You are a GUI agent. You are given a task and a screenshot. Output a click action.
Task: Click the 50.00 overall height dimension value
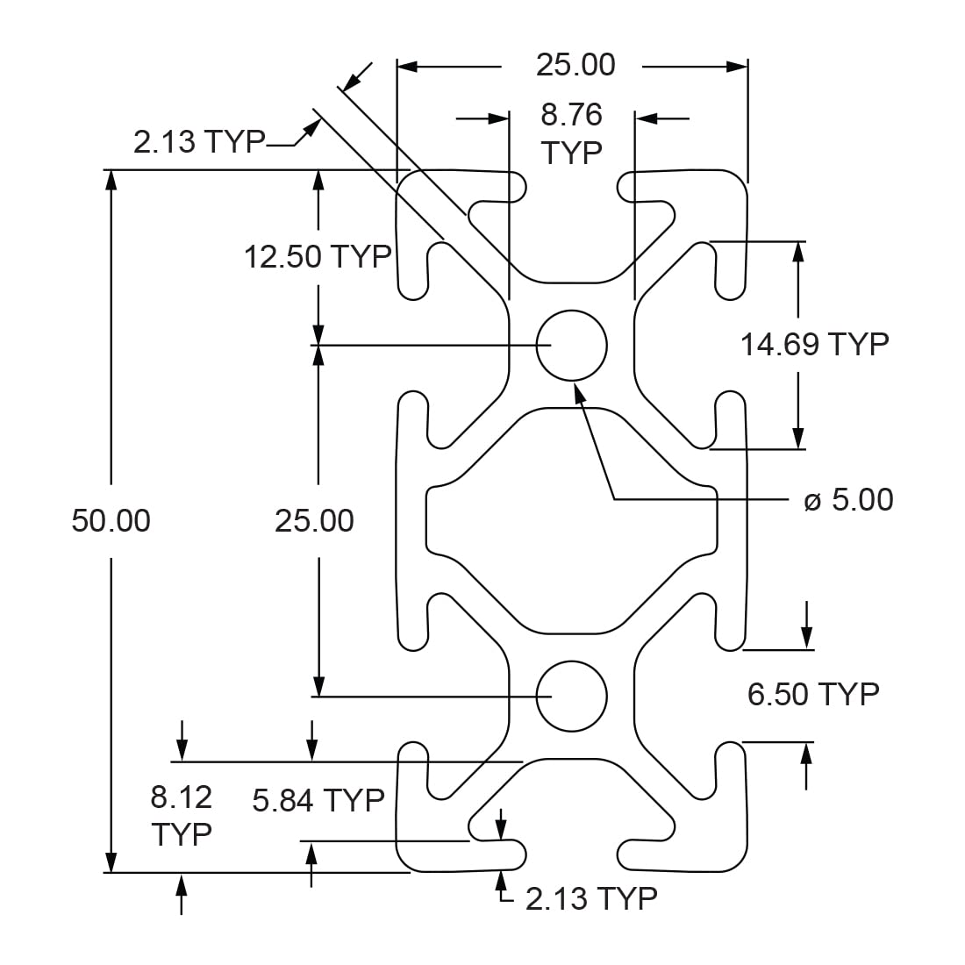pos(111,521)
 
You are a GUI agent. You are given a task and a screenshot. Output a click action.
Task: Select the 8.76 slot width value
pos(571,115)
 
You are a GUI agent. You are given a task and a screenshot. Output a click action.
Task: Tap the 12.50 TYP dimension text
pos(318,257)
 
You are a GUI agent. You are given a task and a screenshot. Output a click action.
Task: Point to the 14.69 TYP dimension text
pos(814,344)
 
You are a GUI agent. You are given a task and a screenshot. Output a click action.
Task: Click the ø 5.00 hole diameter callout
pos(848,500)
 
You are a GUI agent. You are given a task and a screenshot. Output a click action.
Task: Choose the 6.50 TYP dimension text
pos(813,694)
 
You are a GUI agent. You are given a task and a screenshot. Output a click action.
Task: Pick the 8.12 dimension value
pos(182,797)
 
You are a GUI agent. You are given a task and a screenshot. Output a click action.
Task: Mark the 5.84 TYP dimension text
pos(318,800)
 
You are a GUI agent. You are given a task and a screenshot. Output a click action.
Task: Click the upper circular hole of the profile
pos(572,345)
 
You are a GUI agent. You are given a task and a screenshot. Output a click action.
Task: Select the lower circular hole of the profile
pos(572,696)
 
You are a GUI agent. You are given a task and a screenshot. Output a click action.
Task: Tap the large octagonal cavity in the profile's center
pos(572,520)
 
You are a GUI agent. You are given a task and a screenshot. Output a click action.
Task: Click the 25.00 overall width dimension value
pos(575,65)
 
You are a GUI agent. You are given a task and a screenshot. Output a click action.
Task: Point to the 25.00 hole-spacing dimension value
pos(314,521)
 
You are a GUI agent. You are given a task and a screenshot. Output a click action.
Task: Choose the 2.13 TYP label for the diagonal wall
pos(199,141)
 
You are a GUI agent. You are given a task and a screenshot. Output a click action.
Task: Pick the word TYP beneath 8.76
pos(571,153)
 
